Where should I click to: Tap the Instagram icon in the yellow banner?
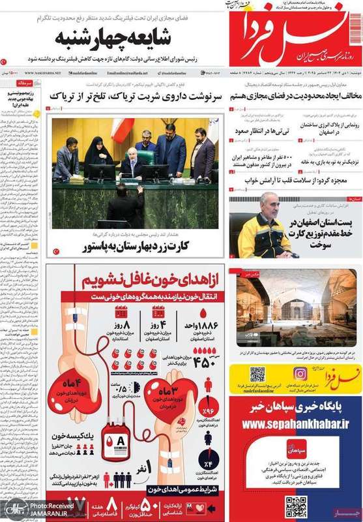pyautogui.click(x=300, y=375)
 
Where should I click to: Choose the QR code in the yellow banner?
pyautogui.click(x=257, y=375)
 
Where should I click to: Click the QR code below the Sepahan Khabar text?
pyautogui.click(x=296, y=505)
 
